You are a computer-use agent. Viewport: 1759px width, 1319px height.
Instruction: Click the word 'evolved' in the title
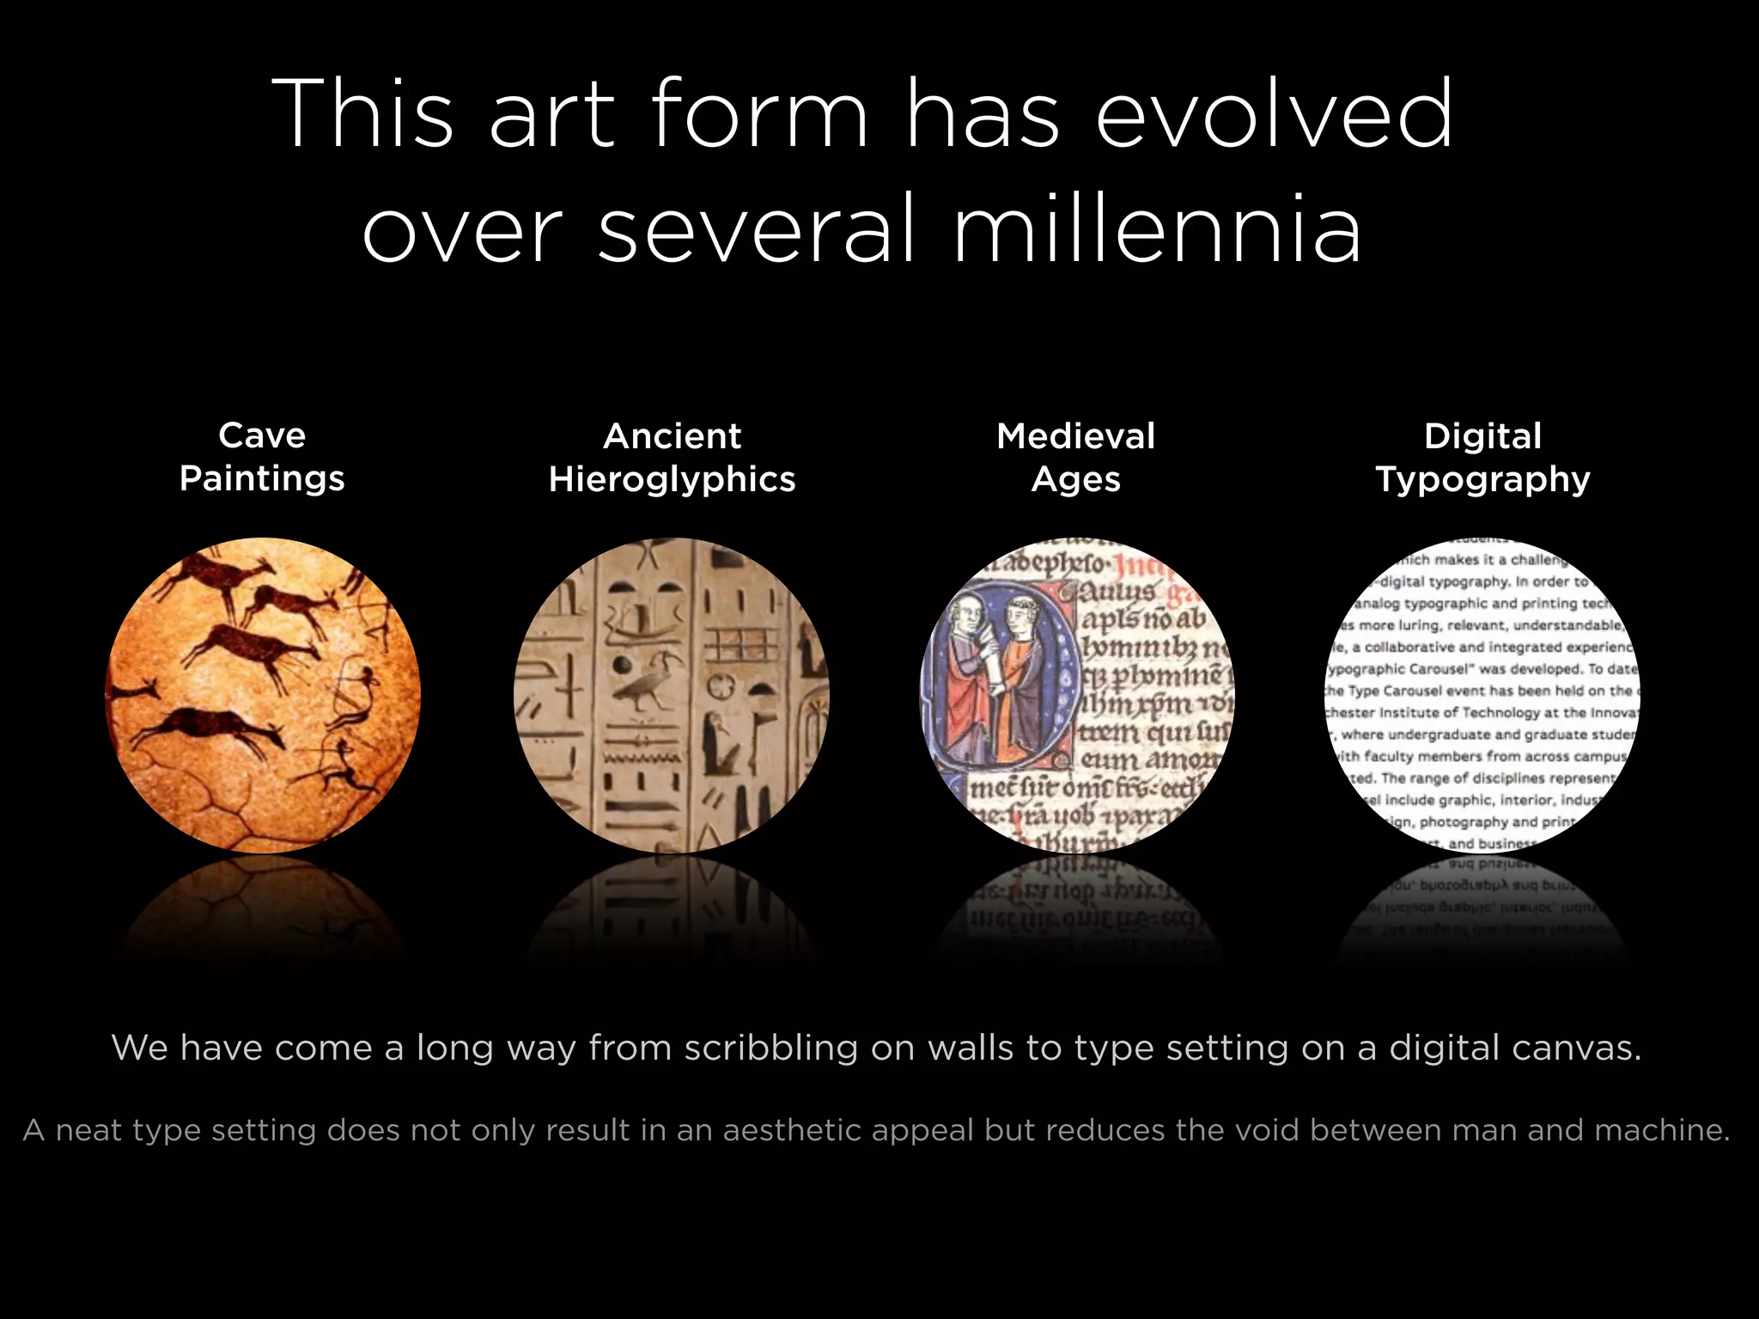click(x=1275, y=113)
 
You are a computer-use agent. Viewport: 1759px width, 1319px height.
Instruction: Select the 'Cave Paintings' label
click(x=262, y=457)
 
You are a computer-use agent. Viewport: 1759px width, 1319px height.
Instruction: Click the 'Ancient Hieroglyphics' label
click(x=672, y=458)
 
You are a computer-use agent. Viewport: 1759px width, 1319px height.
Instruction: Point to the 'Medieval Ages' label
click(x=1075, y=458)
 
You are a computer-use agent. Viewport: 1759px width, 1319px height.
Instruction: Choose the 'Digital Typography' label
click(x=1482, y=458)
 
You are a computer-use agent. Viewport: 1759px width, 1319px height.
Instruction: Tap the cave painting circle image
click(x=263, y=696)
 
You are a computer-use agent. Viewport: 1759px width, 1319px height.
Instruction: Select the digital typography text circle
click(x=1482, y=696)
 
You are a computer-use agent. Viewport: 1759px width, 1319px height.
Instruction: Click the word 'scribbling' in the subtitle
click(x=770, y=1049)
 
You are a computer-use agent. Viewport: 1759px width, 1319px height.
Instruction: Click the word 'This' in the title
click(x=362, y=113)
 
